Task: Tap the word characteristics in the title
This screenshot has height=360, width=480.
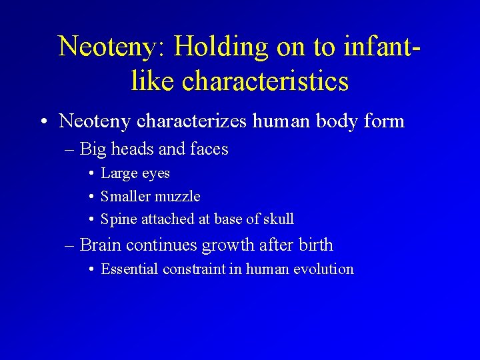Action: (265, 81)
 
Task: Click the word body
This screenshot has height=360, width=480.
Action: (327, 121)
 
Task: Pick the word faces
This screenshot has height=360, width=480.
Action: (209, 149)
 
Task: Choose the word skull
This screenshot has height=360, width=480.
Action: (278, 219)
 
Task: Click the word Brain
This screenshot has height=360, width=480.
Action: (101, 245)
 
